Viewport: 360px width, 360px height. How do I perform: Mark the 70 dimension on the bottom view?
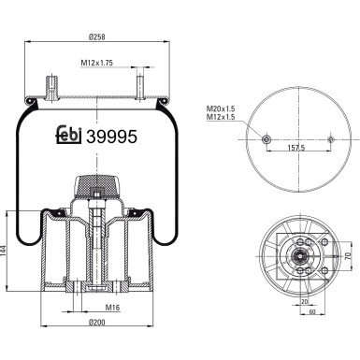click(x=348, y=254)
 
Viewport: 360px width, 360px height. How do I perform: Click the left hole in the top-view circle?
click(x=266, y=139)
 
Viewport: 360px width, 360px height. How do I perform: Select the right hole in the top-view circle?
click(x=331, y=139)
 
